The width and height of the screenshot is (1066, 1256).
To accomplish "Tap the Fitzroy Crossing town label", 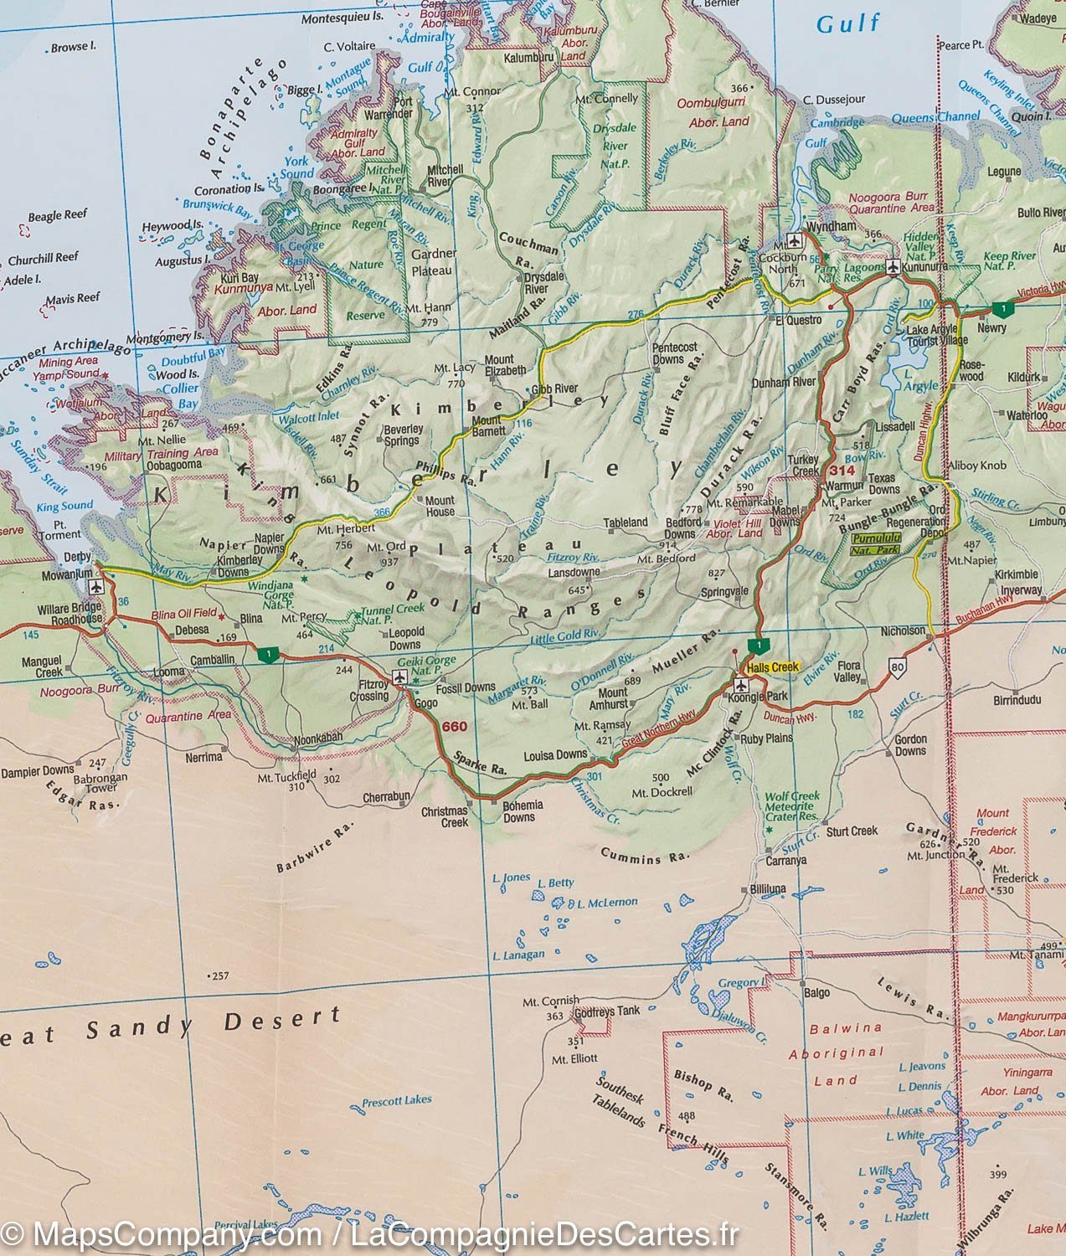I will [368, 690].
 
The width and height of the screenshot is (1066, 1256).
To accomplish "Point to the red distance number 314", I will [842, 471].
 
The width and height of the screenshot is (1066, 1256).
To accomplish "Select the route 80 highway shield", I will [899, 667].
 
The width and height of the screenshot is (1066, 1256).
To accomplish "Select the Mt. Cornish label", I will [550, 1001].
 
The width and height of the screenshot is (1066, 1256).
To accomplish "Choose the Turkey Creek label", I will [804, 466].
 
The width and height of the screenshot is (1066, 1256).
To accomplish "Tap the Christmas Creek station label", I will [444, 816].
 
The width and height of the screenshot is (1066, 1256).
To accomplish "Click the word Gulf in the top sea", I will [848, 23].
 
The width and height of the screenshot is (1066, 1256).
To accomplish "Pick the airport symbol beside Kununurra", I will [893, 268].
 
